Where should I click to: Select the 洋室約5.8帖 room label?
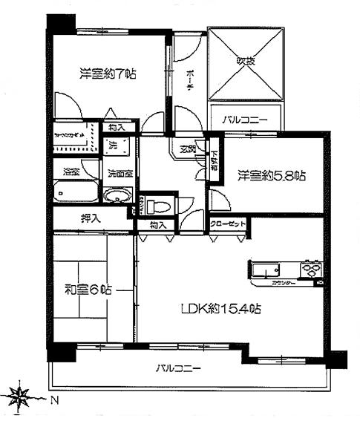coord(271,176)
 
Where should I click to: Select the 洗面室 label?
coord(119,174)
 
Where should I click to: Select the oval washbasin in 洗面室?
coord(117,197)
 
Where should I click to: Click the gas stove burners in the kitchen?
coord(311,268)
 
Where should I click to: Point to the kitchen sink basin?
coord(264,269)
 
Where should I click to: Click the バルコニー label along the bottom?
coord(178,368)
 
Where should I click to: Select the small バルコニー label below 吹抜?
coord(245,119)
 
